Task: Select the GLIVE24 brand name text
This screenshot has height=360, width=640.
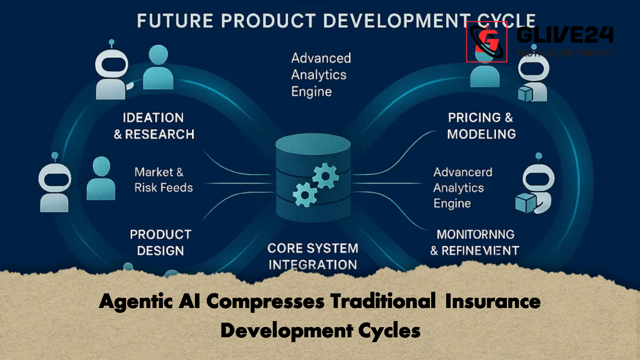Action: coord(564,35)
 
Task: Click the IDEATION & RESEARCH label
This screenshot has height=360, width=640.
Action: coord(154,126)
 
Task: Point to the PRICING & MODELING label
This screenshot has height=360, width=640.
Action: coord(481,126)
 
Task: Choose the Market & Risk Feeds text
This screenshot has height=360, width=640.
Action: coord(163,180)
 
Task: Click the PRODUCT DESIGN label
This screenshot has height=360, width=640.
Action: coord(160,242)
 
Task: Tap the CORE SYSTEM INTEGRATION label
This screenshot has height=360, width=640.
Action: coord(313,256)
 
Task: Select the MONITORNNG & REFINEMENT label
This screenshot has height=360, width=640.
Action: coord(475,242)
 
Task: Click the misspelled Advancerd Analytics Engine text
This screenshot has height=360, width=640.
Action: coord(463,188)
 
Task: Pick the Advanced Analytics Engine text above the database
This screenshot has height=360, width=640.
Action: coord(320,75)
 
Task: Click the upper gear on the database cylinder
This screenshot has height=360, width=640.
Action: coord(325,176)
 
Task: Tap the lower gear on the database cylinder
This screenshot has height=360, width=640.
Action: coord(305,195)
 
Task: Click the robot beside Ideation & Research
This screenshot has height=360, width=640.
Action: coord(112,72)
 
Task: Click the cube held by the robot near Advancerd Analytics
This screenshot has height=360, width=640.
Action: coord(525,203)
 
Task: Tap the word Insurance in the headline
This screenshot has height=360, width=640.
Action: coord(492,301)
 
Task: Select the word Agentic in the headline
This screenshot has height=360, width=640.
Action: coord(136,301)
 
